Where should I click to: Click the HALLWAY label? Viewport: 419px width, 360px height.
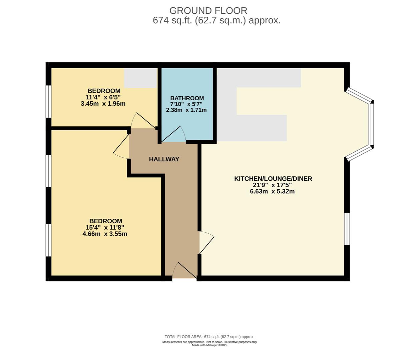[x=164, y=159]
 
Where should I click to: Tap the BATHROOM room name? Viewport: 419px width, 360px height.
[x=187, y=98]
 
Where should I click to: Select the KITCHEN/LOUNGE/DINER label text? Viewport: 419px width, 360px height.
[x=273, y=178]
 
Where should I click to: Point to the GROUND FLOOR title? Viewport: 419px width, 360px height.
[x=208, y=11]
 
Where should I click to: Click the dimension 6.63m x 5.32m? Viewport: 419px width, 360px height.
[x=272, y=191]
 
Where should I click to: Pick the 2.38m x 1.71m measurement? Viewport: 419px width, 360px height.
[x=186, y=110]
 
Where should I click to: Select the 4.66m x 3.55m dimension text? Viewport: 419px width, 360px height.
[x=105, y=234]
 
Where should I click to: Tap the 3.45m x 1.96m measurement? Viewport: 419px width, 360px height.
[x=103, y=104]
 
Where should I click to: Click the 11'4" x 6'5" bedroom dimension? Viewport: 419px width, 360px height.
[x=104, y=97]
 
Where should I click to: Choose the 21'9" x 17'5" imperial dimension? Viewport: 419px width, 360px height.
[x=272, y=185]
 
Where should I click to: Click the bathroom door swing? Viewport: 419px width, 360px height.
[x=173, y=134]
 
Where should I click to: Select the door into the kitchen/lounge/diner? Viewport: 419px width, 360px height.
[x=206, y=243]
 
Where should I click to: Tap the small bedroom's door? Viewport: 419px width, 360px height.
[x=144, y=121]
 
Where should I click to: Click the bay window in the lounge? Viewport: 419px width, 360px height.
[x=360, y=124]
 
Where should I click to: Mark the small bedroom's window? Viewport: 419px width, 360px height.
[x=48, y=101]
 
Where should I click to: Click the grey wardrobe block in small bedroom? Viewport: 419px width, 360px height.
[x=141, y=78]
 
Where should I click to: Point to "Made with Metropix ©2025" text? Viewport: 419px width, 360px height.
[x=209, y=345]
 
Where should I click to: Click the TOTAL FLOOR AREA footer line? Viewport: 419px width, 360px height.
[x=209, y=337]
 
